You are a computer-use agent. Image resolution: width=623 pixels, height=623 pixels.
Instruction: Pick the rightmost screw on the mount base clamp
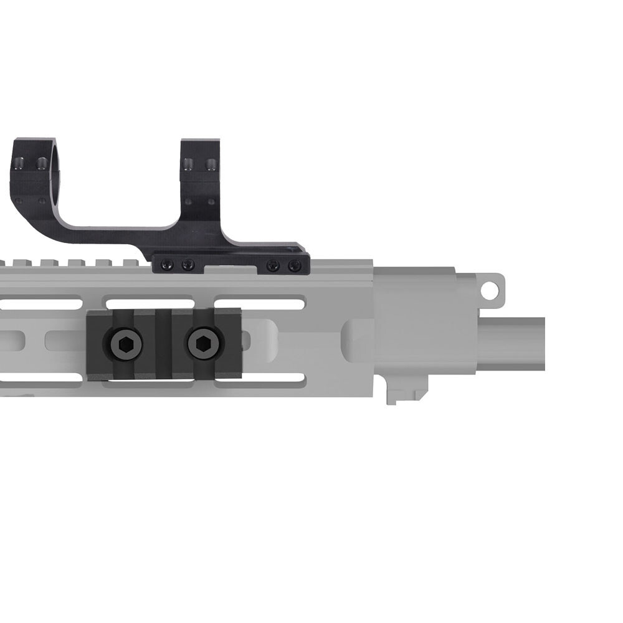(x=295, y=266)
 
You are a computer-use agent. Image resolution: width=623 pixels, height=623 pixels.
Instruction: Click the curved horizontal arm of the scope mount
(x=106, y=234)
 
